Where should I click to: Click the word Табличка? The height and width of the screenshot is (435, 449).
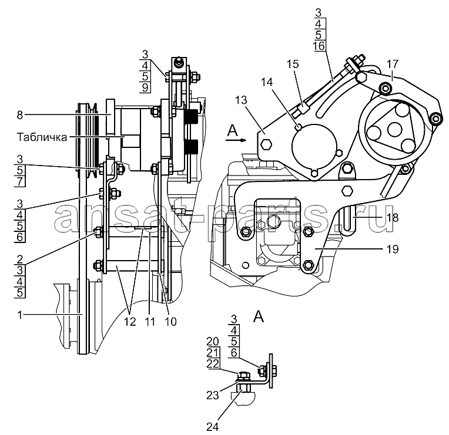42,137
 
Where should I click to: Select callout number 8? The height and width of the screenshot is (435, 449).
19,115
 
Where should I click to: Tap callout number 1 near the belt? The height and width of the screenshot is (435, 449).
20,315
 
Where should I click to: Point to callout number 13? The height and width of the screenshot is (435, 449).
241,100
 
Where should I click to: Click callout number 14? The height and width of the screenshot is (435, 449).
267,82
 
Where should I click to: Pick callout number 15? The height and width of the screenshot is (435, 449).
293,64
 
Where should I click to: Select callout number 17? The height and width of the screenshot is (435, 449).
393,64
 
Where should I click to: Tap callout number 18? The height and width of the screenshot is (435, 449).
393,218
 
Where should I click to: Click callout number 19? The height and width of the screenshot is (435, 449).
393,249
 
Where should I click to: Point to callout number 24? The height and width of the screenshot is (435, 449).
213,427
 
